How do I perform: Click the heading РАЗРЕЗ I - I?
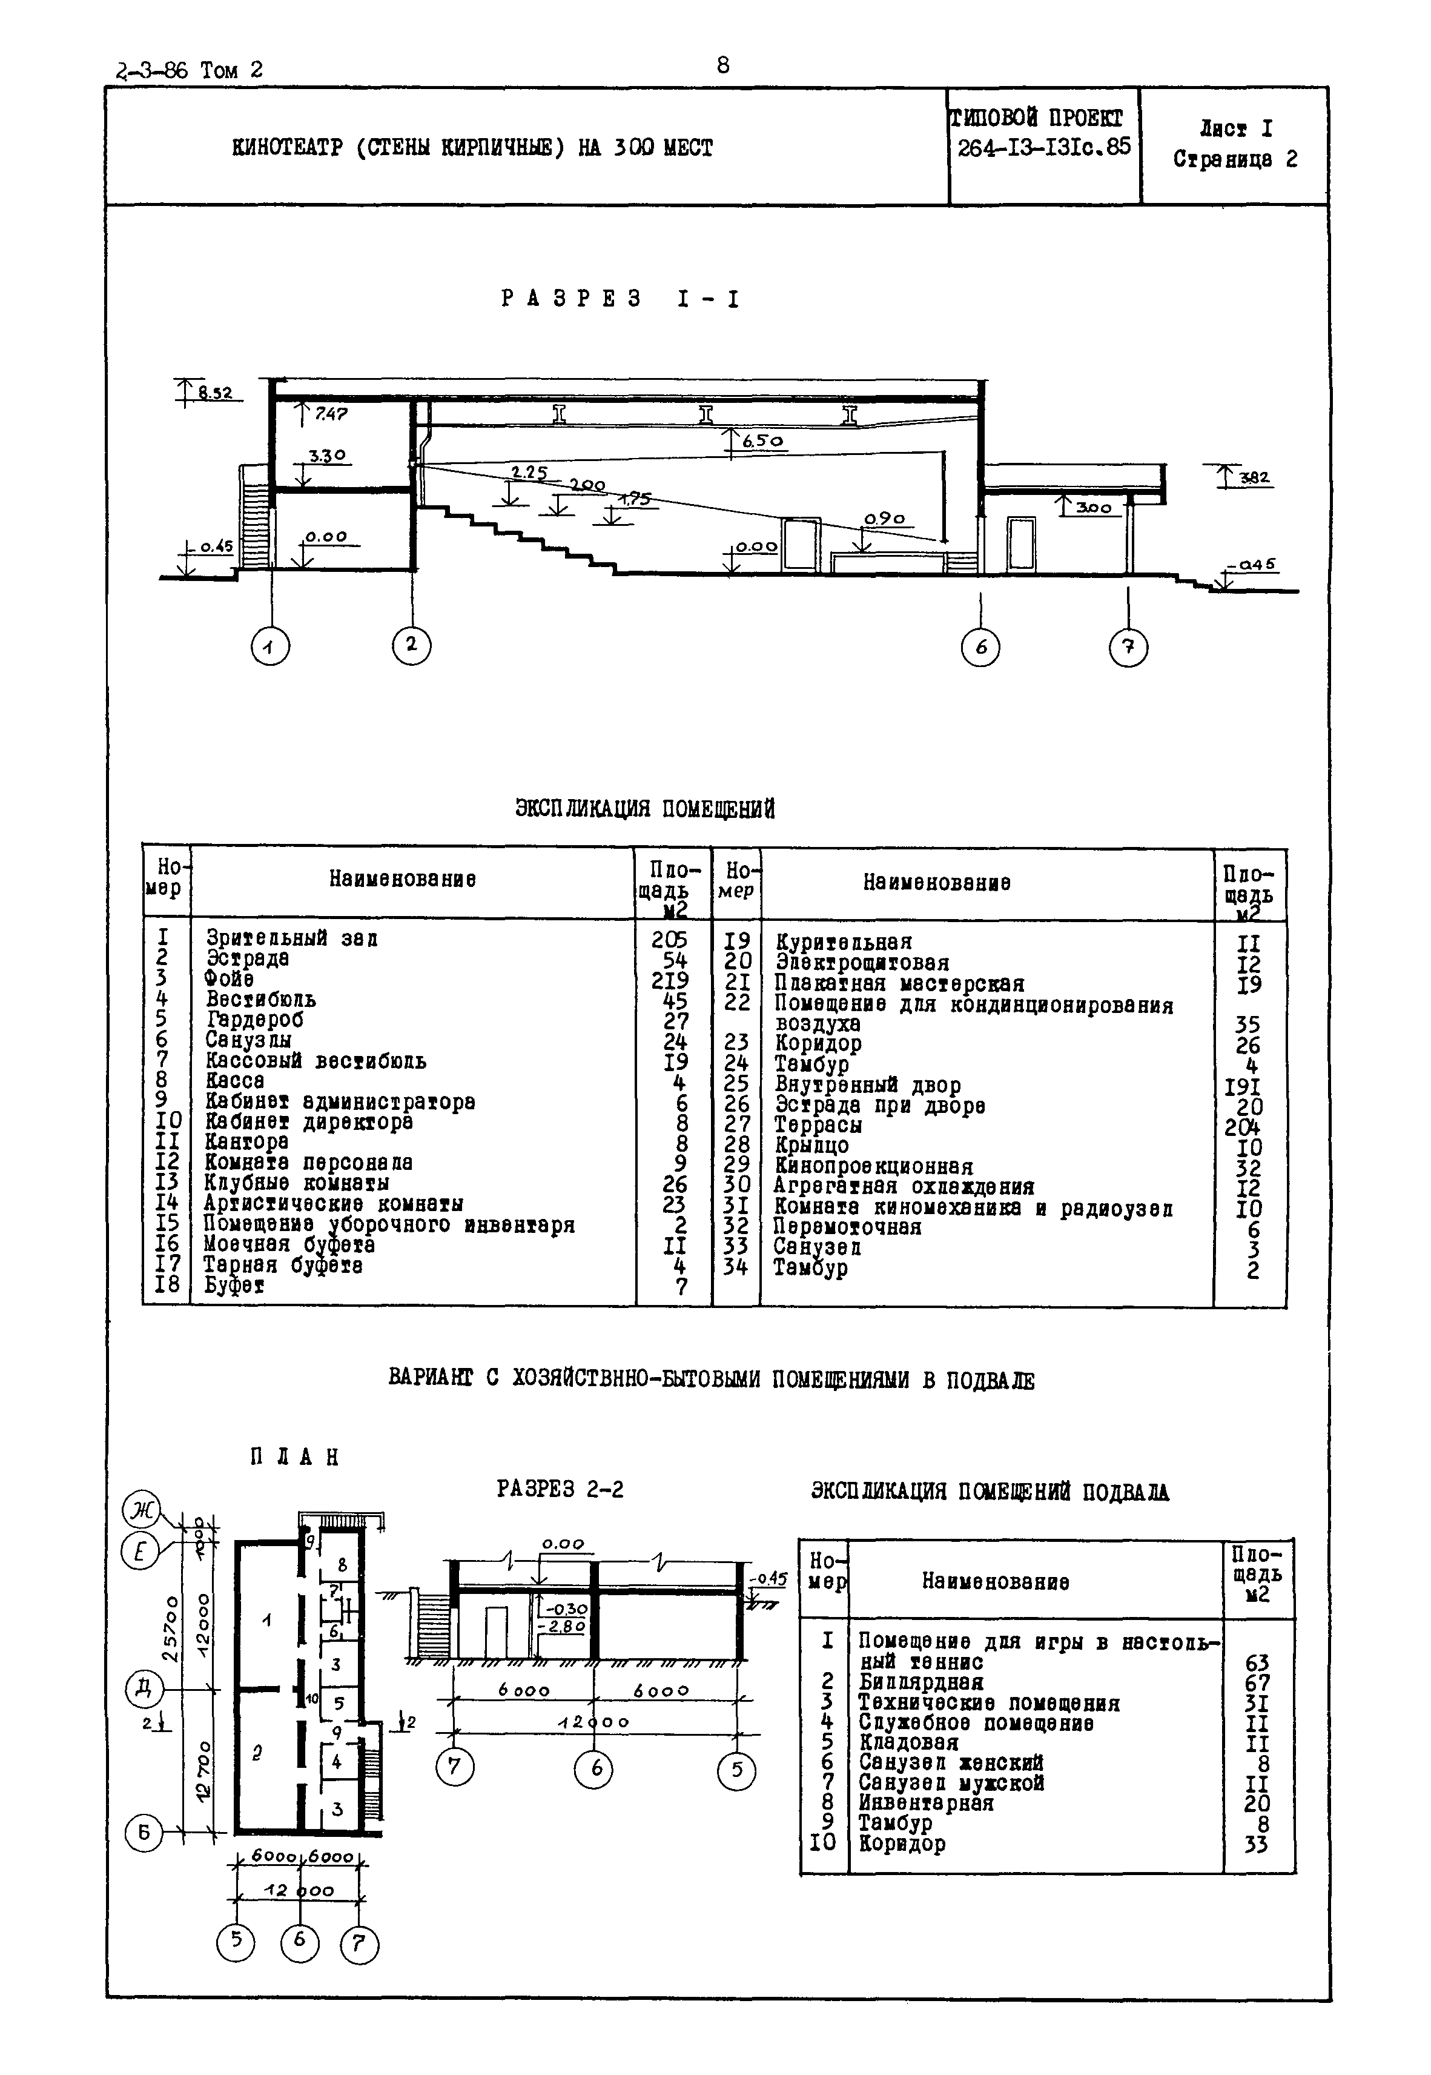621,299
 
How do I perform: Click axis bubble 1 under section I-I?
270,646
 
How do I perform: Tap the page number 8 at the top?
722,65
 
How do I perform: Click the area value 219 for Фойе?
670,979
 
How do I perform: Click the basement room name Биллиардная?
921,1682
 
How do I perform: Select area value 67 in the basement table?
1257,1683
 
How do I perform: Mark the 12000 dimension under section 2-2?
593,1722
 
